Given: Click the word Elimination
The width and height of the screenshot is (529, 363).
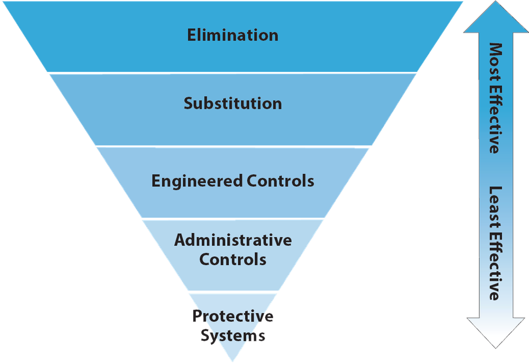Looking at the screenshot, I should pyautogui.click(x=233, y=35).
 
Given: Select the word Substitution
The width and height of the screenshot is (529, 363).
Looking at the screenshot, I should pyautogui.click(x=233, y=103).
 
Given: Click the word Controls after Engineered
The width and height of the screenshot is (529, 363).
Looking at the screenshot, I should pyautogui.click(x=280, y=181).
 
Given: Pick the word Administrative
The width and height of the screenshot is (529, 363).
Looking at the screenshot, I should pyautogui.click(x=233, y=240).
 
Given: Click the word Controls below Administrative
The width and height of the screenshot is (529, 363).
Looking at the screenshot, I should pyautogui.click(x=233, y=259).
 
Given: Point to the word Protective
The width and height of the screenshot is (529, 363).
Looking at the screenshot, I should pyautogui.click(x=233, y=316).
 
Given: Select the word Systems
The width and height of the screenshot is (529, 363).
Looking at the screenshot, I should pyautogui.click(x=233, y=336).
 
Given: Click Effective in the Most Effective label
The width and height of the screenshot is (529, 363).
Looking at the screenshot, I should pyautogui.click(x=495, y=120).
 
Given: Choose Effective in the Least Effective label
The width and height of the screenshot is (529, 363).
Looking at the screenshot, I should pyautogui.click(x=495, y=267).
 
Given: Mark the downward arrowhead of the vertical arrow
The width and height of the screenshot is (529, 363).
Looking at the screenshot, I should pyautogui.click(x=495, y=332).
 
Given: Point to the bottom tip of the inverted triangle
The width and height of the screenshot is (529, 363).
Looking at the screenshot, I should pyautogui.click(x=233, y=359).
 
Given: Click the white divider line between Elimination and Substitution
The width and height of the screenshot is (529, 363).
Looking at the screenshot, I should pyautogui.click(x=233, y=72).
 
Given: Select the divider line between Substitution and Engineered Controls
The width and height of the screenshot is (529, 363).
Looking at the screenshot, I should pyautogui.click(x=233, y=146).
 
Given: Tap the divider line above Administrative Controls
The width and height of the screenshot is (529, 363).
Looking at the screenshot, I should pyautogui.click(x=233, y=219).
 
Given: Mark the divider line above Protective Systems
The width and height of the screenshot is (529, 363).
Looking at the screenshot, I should pyautogui.click(x=233, y=292).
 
